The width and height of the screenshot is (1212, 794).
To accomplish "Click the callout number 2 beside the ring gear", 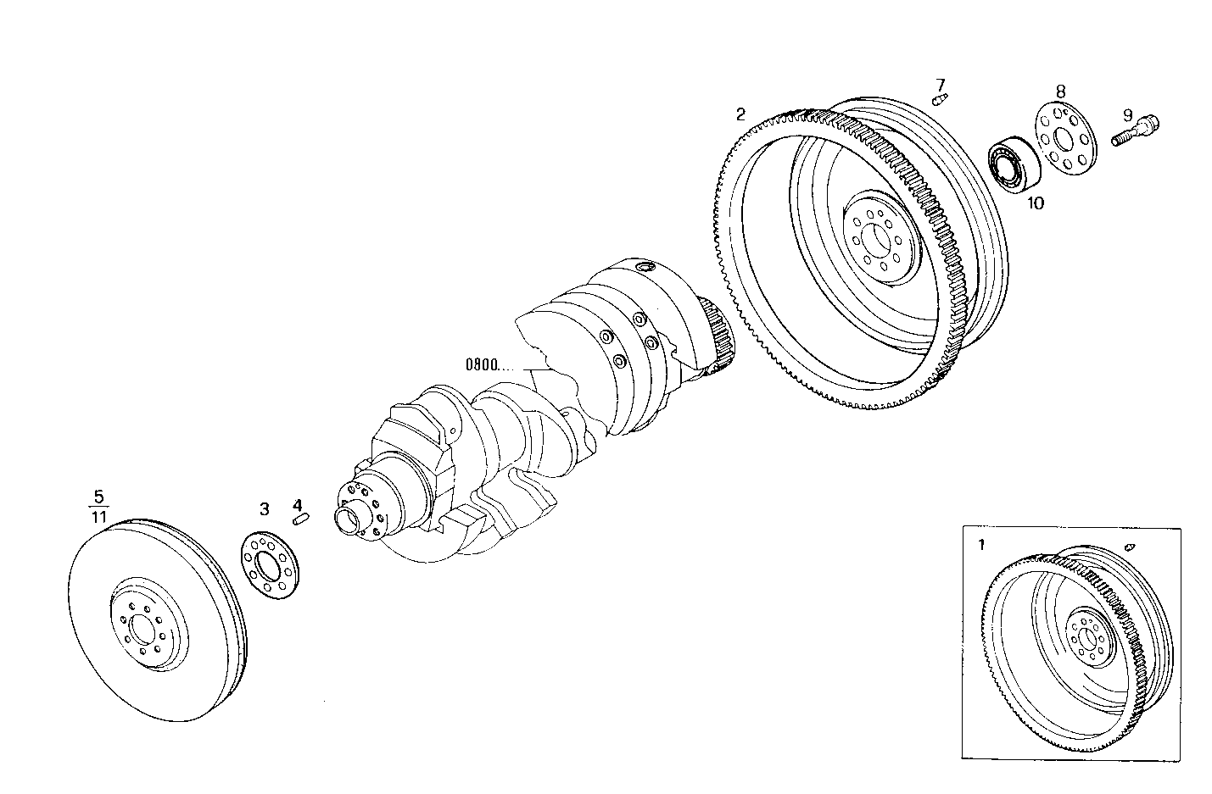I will point(740,114).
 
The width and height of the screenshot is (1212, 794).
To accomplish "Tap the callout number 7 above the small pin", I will point(940,84).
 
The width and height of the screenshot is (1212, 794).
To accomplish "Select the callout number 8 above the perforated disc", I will point(1060,90).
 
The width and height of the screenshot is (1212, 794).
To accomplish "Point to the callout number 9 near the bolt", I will point(1127,115).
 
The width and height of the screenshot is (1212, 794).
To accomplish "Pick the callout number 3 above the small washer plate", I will point(265,508).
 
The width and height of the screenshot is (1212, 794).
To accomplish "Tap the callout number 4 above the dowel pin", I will point(297,505).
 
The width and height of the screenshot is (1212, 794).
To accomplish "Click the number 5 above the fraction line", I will point(98,495).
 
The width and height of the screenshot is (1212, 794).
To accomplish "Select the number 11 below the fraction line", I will point(98,516).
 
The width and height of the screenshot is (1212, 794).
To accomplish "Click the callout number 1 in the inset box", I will point(981,545).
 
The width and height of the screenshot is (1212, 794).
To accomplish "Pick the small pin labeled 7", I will point(939,100).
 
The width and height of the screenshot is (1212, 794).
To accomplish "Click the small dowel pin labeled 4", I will point(301,519).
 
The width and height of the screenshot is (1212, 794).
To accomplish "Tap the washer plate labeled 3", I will point(271,567).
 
